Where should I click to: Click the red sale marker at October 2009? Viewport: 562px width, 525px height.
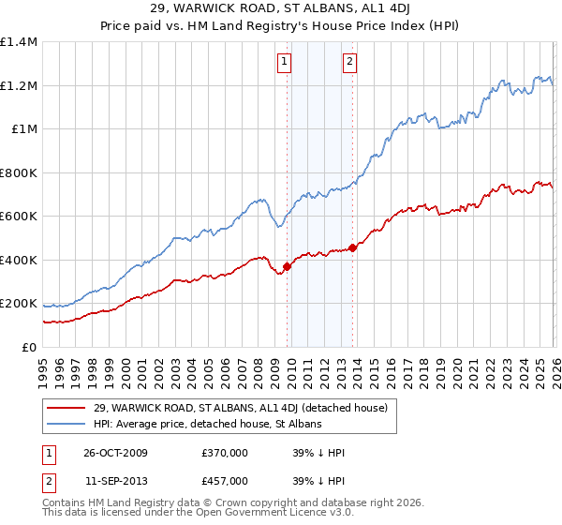pyautogui.click(x=287, y=266)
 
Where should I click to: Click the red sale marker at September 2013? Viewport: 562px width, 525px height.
pyautogui.click(x=352, y=247)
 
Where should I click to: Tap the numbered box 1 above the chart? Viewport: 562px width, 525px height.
pyautogui.click(x=284, y=63)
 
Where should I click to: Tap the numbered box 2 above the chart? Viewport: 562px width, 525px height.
pyautogui.click(x=349, y=63)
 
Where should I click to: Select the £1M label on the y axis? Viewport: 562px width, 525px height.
pyautogui.click(x=24, y=129)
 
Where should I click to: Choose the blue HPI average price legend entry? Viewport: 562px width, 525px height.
pyautogui.click(x=207, y=424)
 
